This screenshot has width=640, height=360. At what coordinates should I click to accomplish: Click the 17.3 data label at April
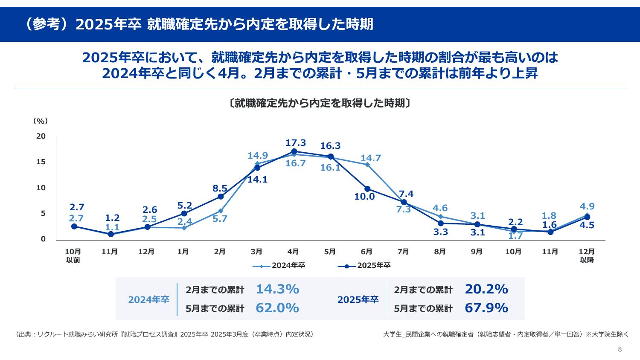click(x=296, y=142)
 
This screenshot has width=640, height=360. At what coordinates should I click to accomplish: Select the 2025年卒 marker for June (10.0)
click(x=367, y=189)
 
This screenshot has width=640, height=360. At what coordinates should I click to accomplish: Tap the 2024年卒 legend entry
click(x=279, y=266)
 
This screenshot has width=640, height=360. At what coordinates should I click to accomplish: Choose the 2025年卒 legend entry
click(x=364, y=266)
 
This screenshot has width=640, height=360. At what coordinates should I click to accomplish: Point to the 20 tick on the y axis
click(x=41, y=136)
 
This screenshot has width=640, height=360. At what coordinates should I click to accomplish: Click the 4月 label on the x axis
click(x=293, y=252)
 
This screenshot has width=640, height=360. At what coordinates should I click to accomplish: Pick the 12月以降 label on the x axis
click(x=587, y=255)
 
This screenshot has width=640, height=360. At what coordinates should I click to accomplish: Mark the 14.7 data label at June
click(x=370, y=158)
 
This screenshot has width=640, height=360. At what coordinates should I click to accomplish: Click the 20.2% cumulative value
click(x=486, y=289)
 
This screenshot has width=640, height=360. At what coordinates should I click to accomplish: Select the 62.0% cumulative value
click(x=277, y=308)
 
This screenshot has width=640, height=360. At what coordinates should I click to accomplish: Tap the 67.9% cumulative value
click(x=486, y=308)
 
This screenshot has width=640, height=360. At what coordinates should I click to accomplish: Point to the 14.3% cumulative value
click(x=277, y=289)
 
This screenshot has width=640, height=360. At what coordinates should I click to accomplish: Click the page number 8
click(x=620, y=349)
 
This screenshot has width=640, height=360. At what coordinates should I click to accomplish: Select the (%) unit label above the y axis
click(x=41, y=121)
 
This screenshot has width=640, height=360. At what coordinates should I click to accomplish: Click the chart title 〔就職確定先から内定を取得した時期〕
click(x=320, y=103)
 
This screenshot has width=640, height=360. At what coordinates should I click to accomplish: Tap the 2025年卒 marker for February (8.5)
click(x=221, y=197)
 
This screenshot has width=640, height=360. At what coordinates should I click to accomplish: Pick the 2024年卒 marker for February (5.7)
click(x=221, y=211)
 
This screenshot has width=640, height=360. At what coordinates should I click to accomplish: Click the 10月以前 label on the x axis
click(x=73, y=255)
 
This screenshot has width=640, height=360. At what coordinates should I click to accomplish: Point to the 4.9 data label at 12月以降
click(x=587, y=206)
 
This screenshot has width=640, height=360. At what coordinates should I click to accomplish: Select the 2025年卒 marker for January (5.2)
click(x=184, y=214)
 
